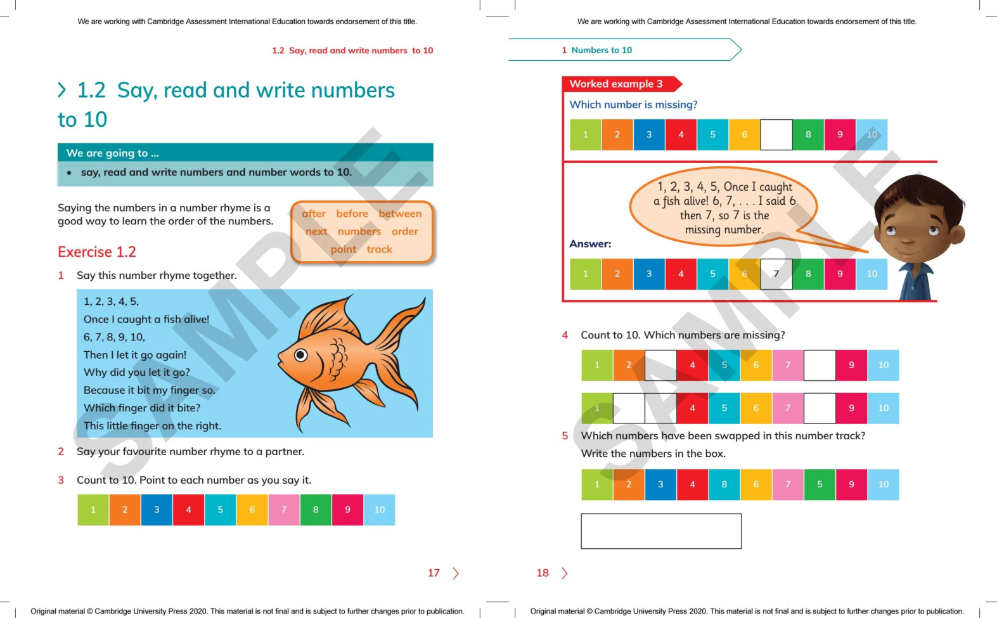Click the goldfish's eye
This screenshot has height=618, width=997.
coord(300,355)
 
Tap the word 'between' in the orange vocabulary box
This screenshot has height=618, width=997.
coord(400,214)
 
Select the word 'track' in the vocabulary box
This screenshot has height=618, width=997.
coord(380,249)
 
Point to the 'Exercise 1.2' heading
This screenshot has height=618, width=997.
coord(97,252)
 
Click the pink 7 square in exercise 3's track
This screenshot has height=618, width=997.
coord(284,510)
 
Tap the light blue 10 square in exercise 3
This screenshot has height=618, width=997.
coord(379,510)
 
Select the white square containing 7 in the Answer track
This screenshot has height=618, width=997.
coord(776,274)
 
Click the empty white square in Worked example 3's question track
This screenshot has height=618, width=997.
coord(776,134)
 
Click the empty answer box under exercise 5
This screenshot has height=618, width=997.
coord(661,531)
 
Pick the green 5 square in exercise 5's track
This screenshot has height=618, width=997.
coord(820,484)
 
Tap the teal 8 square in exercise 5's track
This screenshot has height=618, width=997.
coord(724,484)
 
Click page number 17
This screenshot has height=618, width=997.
coord(434,573)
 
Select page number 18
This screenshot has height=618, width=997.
coord(543,573)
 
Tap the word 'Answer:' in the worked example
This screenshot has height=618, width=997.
coord(590,244)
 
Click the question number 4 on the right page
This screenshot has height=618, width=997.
coord(565,335)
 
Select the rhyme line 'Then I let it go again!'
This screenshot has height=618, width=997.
coord(135,355)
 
